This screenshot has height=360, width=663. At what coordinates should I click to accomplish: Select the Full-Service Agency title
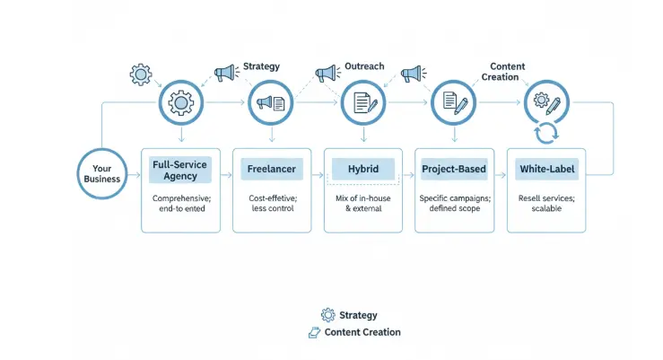(x=180, y=170)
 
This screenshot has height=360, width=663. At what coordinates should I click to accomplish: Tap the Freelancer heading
(x=272, y=169)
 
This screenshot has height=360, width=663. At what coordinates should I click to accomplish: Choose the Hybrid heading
(x=363, y=169)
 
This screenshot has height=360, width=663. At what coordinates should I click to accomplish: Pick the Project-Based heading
(x=455, y=169)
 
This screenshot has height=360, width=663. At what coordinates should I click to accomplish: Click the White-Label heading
(x=546, y=169)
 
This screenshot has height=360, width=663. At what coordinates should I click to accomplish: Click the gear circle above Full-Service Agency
(x=180, y=102)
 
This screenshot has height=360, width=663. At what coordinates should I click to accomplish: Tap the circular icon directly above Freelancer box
(x=272, y=102)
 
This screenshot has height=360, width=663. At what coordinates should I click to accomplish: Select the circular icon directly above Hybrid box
(x=363, y=102)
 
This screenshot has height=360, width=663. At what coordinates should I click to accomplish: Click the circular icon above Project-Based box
(x=455, y=102)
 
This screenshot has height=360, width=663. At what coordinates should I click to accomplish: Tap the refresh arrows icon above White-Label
(x=546, y=134)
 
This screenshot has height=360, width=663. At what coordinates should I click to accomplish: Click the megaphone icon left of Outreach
(x=326, y=72)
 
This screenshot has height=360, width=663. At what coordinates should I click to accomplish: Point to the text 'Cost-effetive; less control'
(x=272, y=203)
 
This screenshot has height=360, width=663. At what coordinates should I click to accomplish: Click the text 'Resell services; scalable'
(x=546, y=203)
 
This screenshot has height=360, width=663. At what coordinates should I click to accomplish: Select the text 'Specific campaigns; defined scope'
(x=455, y=203)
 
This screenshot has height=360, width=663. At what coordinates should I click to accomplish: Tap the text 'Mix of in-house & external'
(x=363, y=203)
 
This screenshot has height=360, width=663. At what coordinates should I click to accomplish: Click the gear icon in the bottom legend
(x=327, y=315)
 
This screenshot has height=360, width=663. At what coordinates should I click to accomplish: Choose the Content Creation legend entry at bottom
(x=354, y=332)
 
